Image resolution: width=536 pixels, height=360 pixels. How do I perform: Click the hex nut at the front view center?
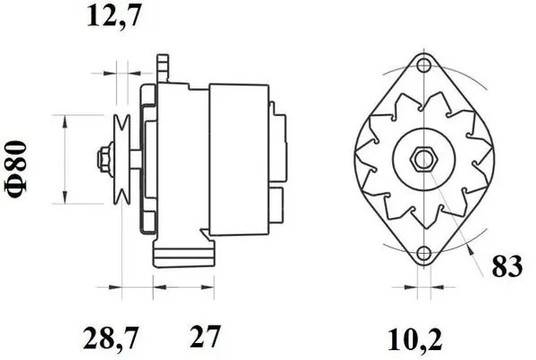pyautogui.click(x=423, y=161)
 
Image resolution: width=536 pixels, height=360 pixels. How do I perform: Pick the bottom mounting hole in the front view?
pyautogui.click(x=424, y=256)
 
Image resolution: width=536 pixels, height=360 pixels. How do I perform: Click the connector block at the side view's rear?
pyautogui.click(x=278, y=162)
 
